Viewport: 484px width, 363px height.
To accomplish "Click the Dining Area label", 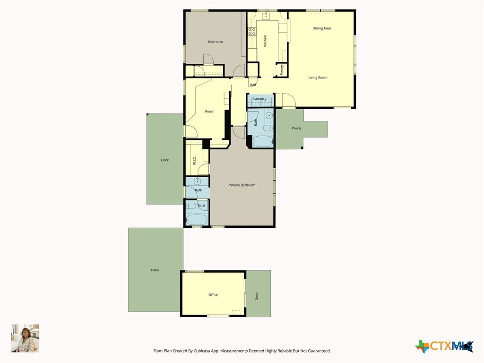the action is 321,28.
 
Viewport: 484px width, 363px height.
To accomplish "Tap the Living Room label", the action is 318,78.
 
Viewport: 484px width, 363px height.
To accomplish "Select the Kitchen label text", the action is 265,41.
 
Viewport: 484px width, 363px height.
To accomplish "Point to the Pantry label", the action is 282,70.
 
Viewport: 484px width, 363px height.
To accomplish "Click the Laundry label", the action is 259,99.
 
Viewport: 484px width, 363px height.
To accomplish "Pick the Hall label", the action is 252,85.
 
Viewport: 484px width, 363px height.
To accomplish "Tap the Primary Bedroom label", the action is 242,185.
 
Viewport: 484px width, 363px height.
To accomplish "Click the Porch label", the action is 296,128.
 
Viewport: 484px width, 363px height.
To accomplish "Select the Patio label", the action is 155,270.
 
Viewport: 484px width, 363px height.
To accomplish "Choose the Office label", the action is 213,295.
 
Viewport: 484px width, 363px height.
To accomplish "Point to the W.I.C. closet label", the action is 194,161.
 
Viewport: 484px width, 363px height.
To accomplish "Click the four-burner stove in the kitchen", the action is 252,31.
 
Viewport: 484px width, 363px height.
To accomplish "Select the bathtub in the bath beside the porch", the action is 263,141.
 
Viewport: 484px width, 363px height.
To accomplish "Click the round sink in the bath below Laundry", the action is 269,116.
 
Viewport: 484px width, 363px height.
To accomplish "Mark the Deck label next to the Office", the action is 257,296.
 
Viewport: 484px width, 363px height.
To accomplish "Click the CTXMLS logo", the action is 444,346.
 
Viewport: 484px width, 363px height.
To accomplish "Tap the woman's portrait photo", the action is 25,338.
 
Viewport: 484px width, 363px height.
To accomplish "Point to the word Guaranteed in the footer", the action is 320,351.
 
